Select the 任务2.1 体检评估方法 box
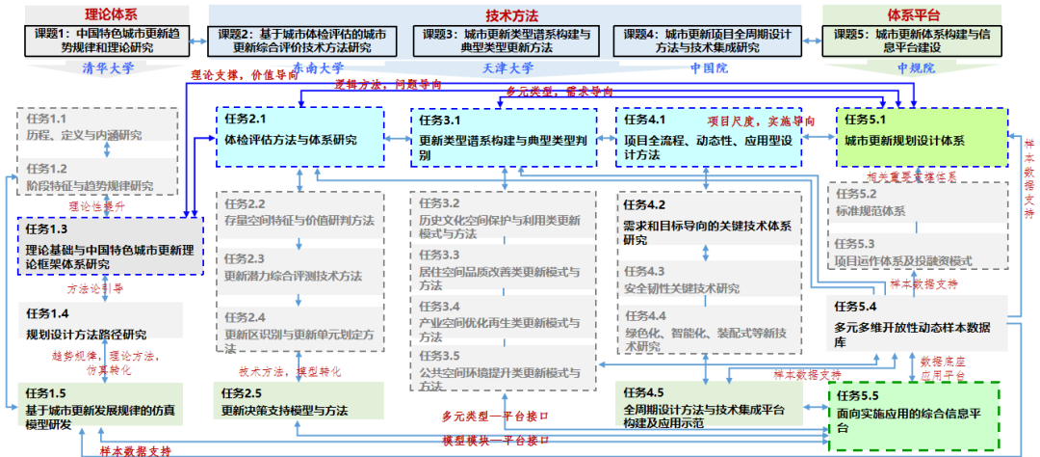(x=300, y=135)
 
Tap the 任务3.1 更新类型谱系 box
(x=501, y=135)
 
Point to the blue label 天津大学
(x=507, y=68)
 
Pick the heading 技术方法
(x=511, y=15)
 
